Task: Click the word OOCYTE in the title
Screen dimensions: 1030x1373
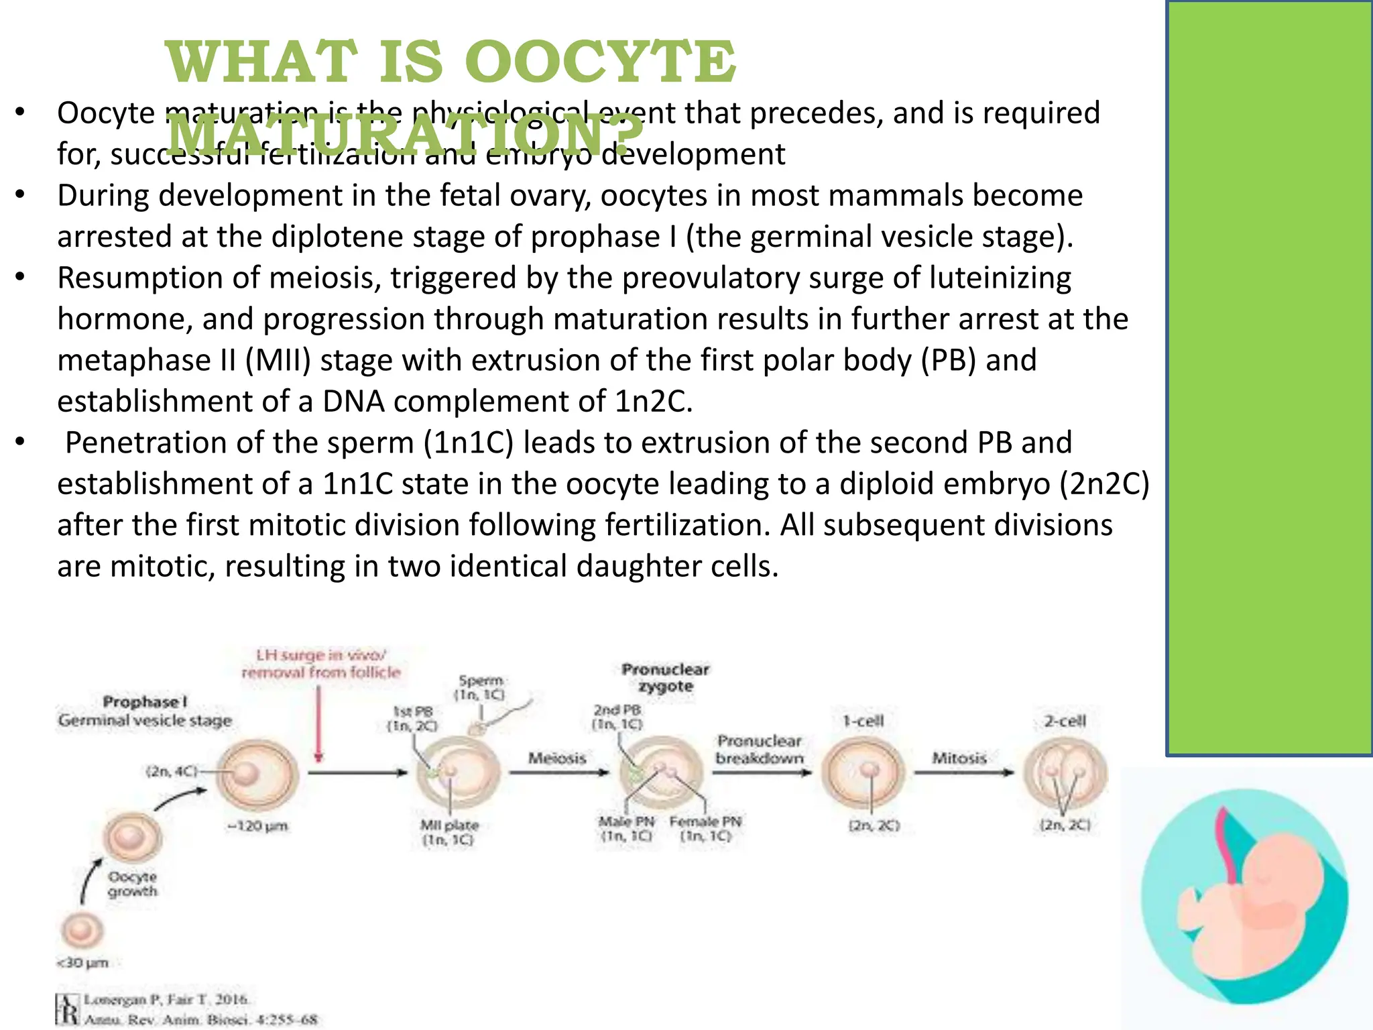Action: pos(600,62)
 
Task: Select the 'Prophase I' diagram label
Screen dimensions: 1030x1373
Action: pos(145,701)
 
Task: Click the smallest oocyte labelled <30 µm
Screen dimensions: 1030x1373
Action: pos(82,930)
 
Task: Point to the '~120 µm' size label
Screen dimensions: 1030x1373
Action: pos(258,825)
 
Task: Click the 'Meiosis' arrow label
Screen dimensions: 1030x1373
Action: pos(557,758)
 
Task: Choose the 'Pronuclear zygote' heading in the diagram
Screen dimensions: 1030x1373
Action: pos(665,677)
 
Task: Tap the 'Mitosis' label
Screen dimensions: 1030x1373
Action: pos(959,758)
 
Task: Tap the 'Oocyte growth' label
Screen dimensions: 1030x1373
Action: pos(133,884)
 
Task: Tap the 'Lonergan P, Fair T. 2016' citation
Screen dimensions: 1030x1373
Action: pos(166,999)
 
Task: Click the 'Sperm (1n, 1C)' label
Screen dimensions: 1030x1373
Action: pos(480,687)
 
